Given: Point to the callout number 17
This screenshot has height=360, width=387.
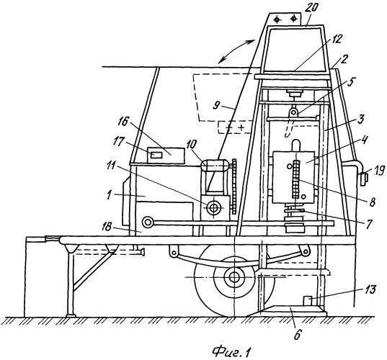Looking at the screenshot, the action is pos(125,143).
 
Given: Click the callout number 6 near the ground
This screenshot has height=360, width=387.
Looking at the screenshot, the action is pos(298,335).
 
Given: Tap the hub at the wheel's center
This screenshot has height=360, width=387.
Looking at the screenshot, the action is pos(233,277).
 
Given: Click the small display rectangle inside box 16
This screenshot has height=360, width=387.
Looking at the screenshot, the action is pos(157,155).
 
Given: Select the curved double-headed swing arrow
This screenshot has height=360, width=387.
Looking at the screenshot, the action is pos(237,52).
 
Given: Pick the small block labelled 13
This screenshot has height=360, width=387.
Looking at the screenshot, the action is pos(307,301).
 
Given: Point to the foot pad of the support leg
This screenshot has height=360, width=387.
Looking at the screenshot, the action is pos(71,315).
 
